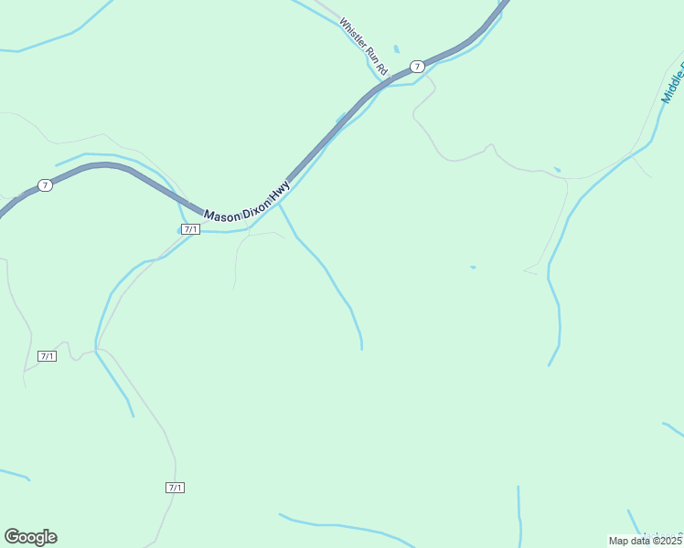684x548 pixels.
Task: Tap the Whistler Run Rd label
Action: [364, 47]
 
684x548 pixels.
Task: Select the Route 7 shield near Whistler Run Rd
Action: [417, 67]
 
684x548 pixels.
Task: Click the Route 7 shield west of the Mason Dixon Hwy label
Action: [45, 185]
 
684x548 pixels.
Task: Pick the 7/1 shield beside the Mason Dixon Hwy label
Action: [190, 229]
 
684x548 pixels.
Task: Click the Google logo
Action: [31, 537]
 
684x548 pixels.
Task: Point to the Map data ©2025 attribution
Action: [646, 541]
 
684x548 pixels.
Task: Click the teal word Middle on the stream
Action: [672, 82]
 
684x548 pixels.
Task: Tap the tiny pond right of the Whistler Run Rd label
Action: [396, 48]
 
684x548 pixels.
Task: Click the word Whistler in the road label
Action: [352, 33]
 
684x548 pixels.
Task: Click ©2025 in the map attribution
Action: [667, 541]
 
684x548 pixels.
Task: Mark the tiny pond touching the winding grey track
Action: [557, 170]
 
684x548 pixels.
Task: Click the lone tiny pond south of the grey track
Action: [473, 267]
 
